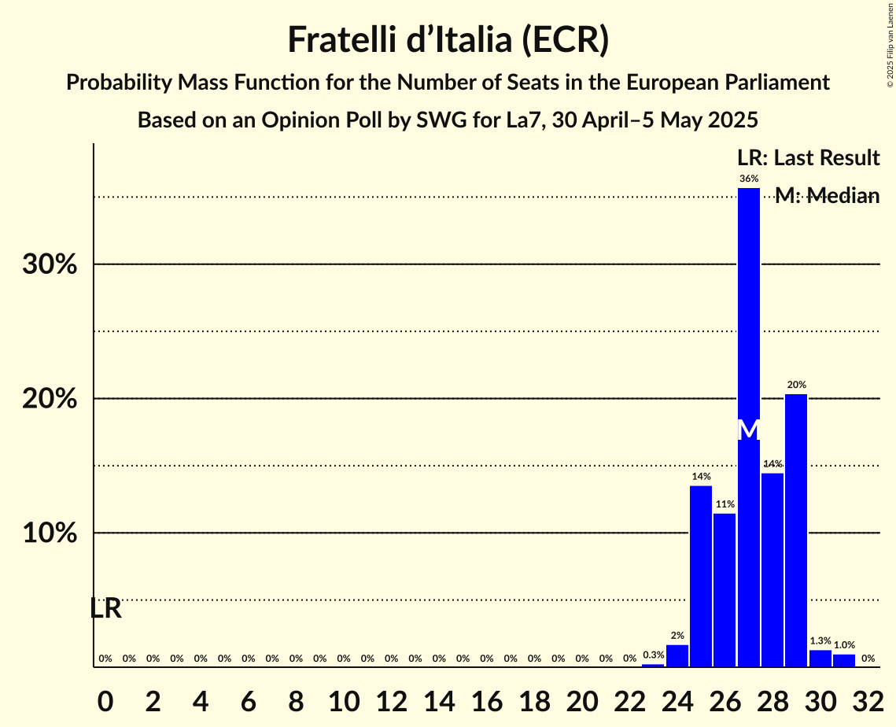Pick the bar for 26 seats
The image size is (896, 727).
click(725, 590)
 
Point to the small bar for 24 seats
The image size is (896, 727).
click(677, 655)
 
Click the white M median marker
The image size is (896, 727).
click(749, 430)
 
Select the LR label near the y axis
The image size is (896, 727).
click(105, 608)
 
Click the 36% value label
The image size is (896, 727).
click(749, 179)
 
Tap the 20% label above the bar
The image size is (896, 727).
click(796, 385)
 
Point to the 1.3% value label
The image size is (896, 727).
click(820, 641)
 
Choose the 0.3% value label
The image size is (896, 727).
click(653, 655)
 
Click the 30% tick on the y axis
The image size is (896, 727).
click(50, 264)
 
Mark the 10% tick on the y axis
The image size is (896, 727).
click(50, 533)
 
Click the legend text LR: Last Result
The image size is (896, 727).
click(808, 158)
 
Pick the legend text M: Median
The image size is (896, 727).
click(827, 196)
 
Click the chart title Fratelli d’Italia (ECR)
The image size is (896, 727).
click(448, 39)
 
